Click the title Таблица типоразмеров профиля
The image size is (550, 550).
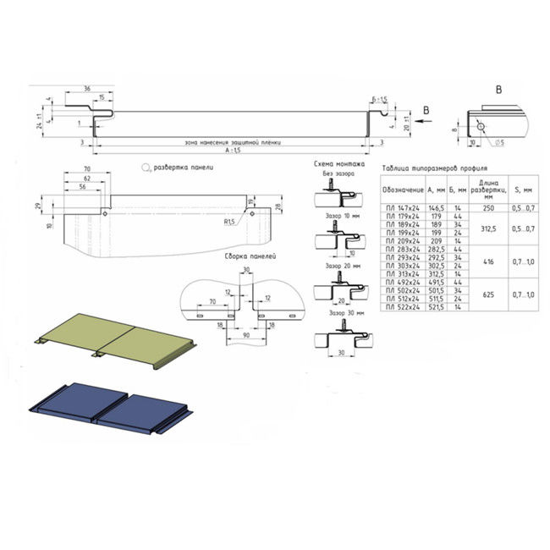tap(435, 169)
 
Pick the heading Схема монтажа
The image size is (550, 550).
tap(338, 163)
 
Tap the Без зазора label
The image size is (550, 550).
tap(336, 173)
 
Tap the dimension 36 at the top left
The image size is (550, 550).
tap(88, 89)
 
